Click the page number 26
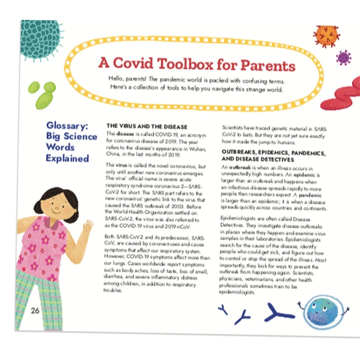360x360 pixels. coord(34,310)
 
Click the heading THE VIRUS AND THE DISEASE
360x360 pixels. coord(147,126)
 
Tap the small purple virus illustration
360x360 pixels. coord(343,57)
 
